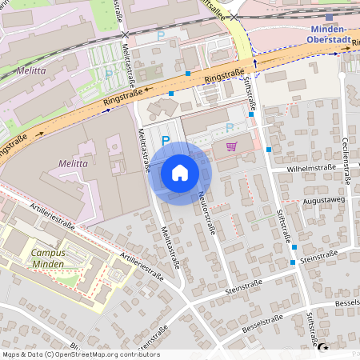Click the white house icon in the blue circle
tap(180, 173)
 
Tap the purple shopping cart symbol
tap(232, 146)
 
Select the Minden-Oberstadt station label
tap(329, 34)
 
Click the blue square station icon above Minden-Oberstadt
tap(329, 17)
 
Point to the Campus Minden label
tap(48, 258)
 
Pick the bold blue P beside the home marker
tap(166, 141)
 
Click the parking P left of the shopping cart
tap(230, 127)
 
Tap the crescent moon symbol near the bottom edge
tap(323, 348)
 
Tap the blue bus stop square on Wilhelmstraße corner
tap(269, 149)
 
